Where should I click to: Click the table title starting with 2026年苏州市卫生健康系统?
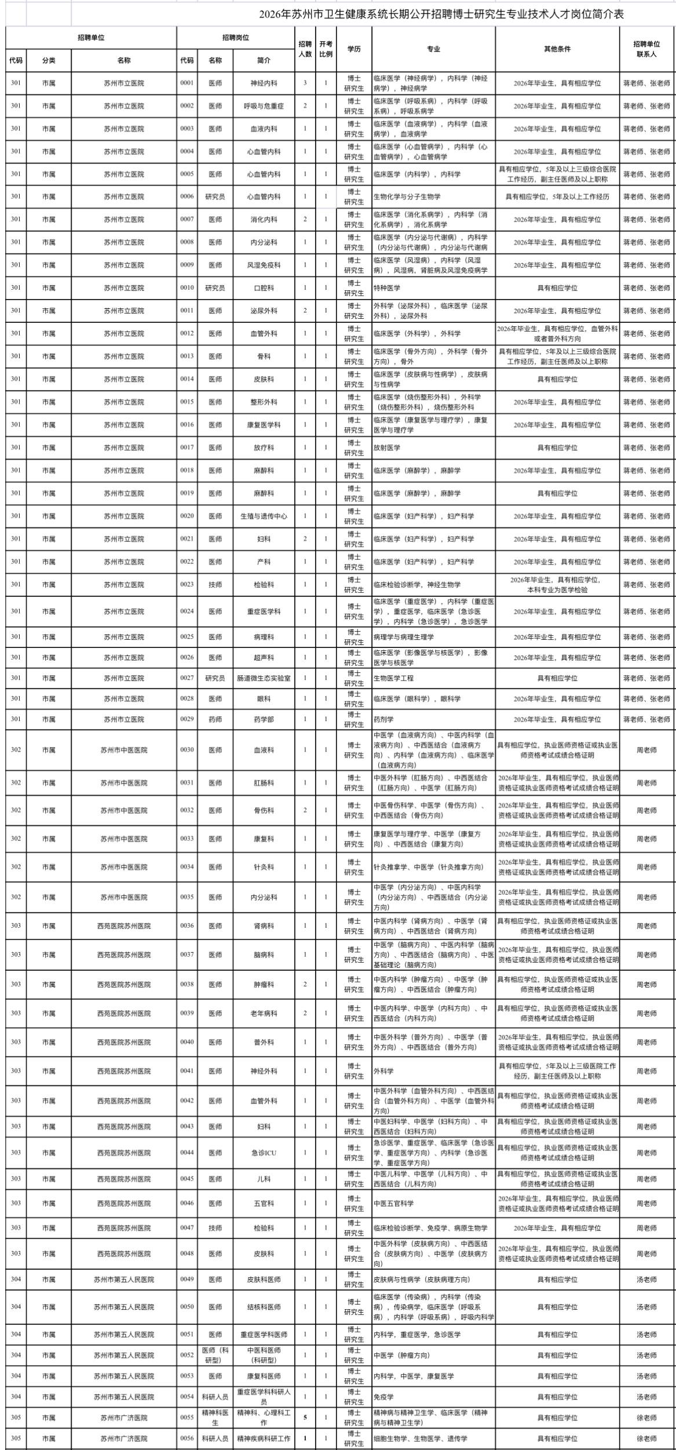point(441,14)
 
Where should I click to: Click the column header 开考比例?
point(326,49)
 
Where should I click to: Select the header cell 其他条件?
point(557,49)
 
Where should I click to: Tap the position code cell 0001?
point(187,83)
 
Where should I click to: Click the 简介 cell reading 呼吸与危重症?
point(264,106)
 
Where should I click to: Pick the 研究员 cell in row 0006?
point(215,196)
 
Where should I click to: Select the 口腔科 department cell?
point(264,287)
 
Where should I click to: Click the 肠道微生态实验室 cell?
point(264,678)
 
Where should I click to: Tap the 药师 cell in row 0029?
point(215,719)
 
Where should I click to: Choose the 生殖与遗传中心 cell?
point(264,516)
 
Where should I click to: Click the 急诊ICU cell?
point(264,1153)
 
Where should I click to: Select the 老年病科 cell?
point(264,1014)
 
